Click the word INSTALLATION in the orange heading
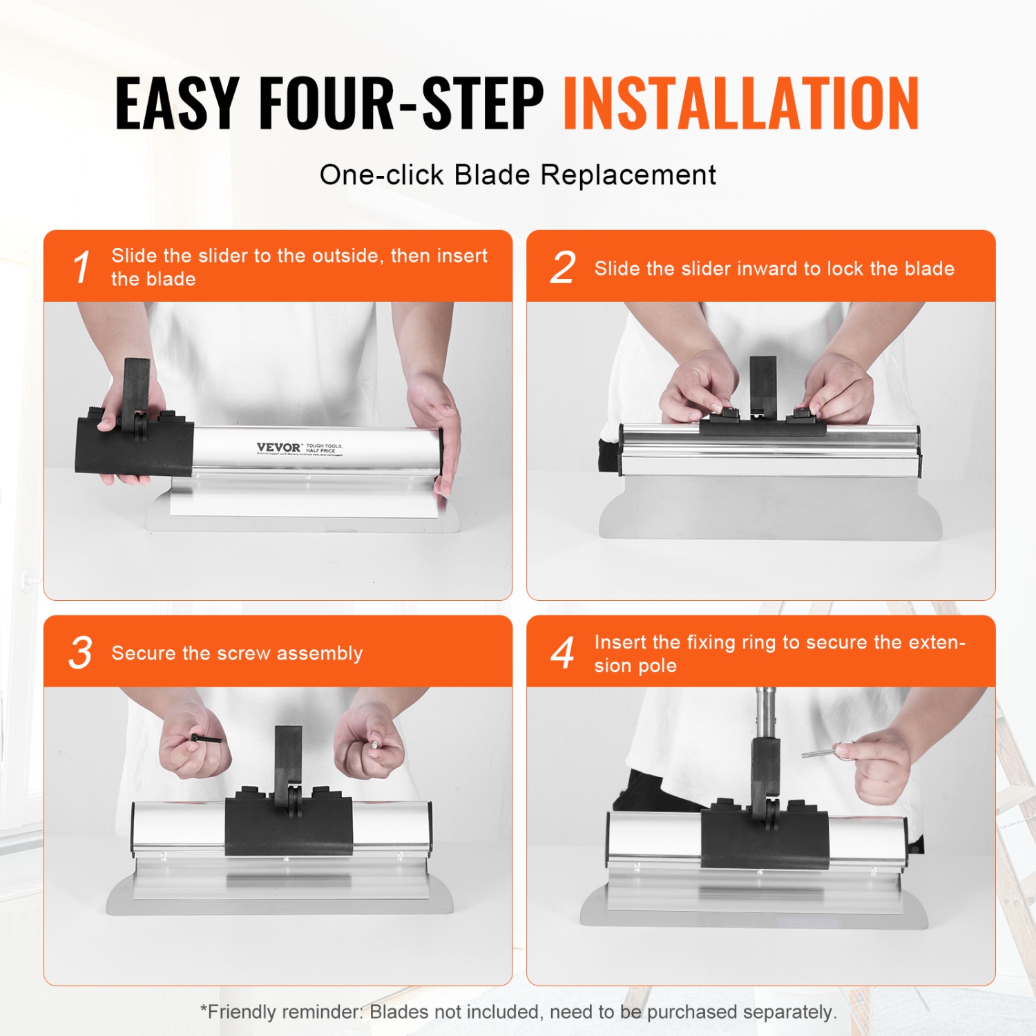point(741,104)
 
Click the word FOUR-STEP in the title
point(401,104)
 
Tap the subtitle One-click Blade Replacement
point(517,175)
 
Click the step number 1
point(81,267)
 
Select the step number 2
point(563,267)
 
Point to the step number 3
point(81,653)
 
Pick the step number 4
point(563,653)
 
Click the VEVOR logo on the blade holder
point(278,448)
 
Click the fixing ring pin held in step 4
point(825,751)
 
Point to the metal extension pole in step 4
point(765,711)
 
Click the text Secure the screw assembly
point(237,653)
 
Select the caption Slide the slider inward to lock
point(774,269)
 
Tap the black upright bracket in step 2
point(763,383)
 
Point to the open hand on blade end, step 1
point(435,428)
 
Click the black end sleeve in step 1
point(135,449)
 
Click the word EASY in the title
point(177,104)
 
